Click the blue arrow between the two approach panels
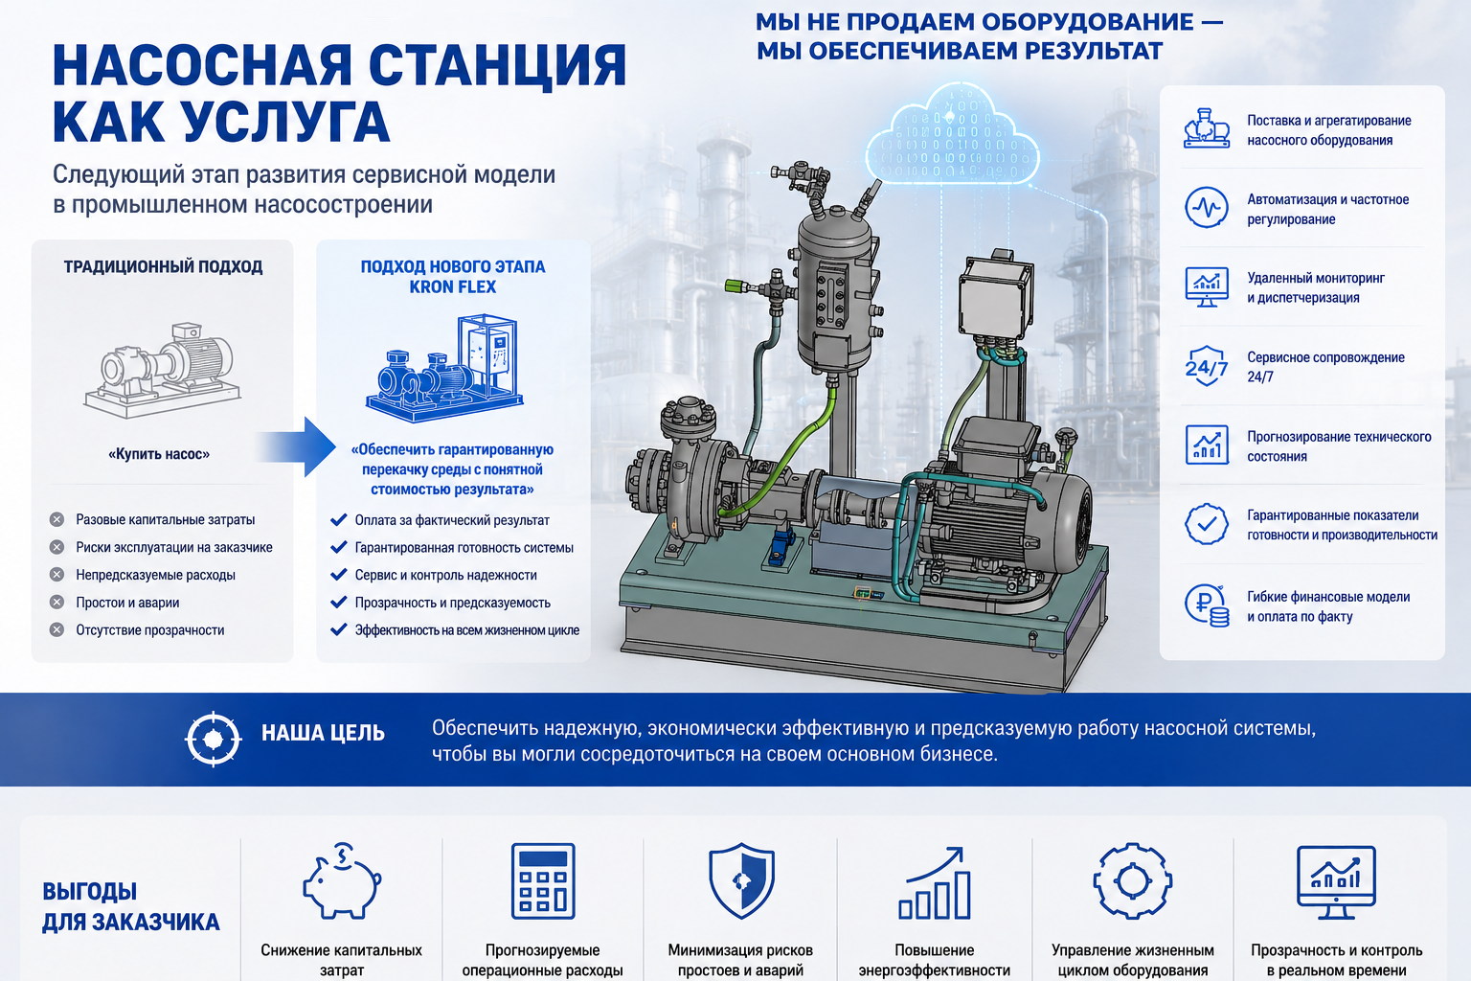(297, 447)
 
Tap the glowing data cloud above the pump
(952, 136)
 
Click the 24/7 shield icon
(1207, 365)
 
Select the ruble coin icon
(1207, 605)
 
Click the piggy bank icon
(342, 881)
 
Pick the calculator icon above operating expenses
(543, 880)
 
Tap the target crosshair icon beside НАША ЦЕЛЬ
(213, 739)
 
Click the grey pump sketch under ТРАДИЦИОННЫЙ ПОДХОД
(163, 369)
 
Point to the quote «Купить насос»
(159, 454)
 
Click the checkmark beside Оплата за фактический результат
(339, 520)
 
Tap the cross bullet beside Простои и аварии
(57, 602)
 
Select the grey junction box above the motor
(996, 298)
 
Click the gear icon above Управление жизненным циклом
(1132, 880)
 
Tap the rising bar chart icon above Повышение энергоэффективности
(935, 882)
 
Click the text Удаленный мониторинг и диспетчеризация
(1315, 287)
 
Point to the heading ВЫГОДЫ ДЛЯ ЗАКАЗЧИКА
(130, 906)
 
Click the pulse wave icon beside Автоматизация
(1207, 208)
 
